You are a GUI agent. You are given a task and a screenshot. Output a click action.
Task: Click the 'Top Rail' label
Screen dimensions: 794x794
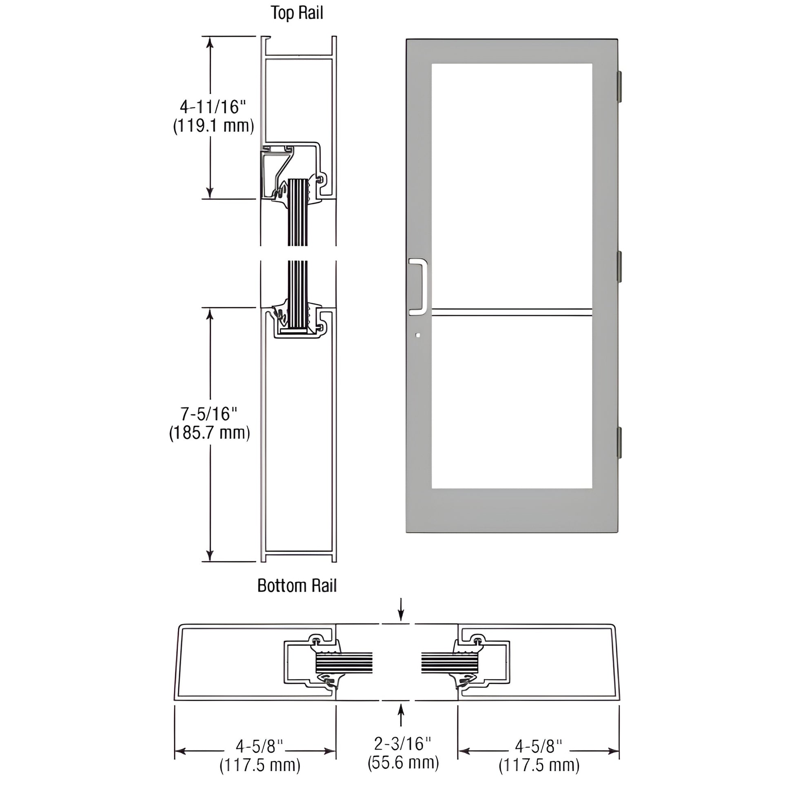coord(297,13)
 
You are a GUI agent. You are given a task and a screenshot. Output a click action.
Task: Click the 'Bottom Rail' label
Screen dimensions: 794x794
coord(297,585)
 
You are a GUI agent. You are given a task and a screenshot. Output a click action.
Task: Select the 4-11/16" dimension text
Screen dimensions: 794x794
coord(213,107)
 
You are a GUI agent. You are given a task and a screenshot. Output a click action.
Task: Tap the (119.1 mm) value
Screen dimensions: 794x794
coord(213,126)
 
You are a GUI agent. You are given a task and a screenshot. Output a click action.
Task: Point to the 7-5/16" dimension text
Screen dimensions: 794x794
coord(210,414)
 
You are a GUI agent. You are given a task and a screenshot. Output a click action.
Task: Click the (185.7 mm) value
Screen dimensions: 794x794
coord(210,433)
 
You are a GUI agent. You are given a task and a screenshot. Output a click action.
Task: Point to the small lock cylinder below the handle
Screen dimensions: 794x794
coord(418,335)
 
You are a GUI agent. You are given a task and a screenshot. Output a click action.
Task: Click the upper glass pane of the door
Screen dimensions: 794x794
coord(512,185)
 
